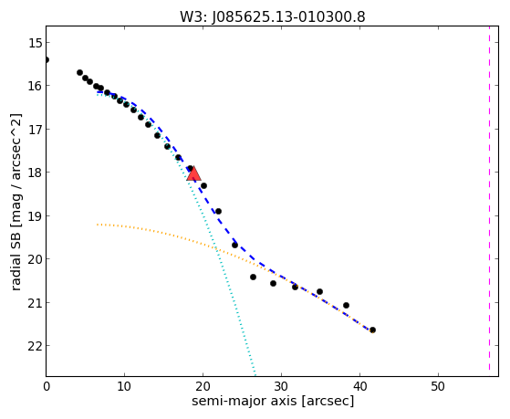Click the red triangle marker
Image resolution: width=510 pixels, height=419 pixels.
(193, 173)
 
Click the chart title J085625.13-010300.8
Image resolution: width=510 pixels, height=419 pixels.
(288, 17)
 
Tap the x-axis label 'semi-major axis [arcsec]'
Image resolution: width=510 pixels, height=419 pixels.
(273, 401)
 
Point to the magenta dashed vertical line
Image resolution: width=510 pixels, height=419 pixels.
(489, 198)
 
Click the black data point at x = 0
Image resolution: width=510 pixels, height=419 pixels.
(47, 59)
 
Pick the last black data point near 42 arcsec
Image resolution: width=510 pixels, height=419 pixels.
(373, 330)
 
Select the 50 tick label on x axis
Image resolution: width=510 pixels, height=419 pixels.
(438, 387)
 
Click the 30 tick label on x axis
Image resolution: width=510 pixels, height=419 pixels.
(281, 387)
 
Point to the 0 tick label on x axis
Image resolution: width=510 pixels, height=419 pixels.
(47, 387)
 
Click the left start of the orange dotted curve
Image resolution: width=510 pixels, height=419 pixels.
(98, 225)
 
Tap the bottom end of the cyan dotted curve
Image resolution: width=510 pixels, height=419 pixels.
(255, 373)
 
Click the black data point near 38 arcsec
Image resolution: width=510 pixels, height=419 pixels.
(346, 306)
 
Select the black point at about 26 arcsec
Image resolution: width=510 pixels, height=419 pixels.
(253, 278)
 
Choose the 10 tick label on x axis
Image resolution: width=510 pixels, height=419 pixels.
(124, 387)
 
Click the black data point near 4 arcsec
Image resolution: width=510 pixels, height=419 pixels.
(79, 73)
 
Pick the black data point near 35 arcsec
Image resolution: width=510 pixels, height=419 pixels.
(319, 292)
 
